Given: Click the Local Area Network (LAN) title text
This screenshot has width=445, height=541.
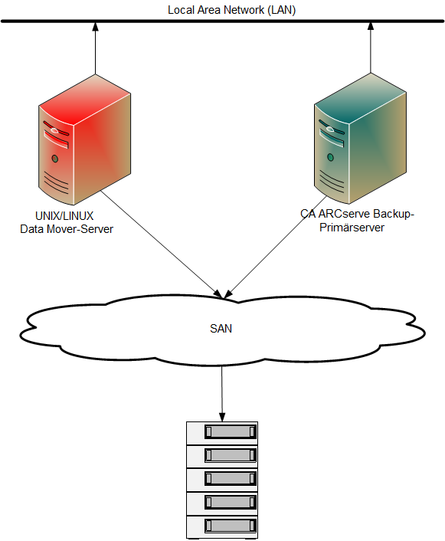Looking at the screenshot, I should [231, 10].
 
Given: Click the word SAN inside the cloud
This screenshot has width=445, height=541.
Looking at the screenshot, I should [221, 329].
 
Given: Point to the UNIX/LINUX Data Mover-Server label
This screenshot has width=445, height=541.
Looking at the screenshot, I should [67, 222].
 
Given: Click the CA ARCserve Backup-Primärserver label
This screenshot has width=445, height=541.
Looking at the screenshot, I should [357, 221].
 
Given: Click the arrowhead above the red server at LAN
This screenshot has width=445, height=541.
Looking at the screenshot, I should [96, 28].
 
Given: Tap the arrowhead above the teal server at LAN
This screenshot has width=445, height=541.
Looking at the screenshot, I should [371, 28].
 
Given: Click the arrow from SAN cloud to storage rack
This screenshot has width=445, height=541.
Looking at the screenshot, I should [222, 391].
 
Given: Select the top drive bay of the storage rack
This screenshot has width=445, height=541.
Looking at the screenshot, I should [228, 432].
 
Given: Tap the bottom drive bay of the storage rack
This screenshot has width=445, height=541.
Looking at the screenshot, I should [228, 526].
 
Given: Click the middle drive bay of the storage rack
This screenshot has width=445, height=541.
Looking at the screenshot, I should [228, 479].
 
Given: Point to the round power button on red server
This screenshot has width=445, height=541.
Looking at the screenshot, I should [54, 159].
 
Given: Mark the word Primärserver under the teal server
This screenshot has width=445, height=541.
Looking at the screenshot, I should [357, 228].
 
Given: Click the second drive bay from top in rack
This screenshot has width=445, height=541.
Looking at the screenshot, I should [228, 455].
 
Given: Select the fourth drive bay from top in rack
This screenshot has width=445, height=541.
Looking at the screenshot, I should [228, 503].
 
